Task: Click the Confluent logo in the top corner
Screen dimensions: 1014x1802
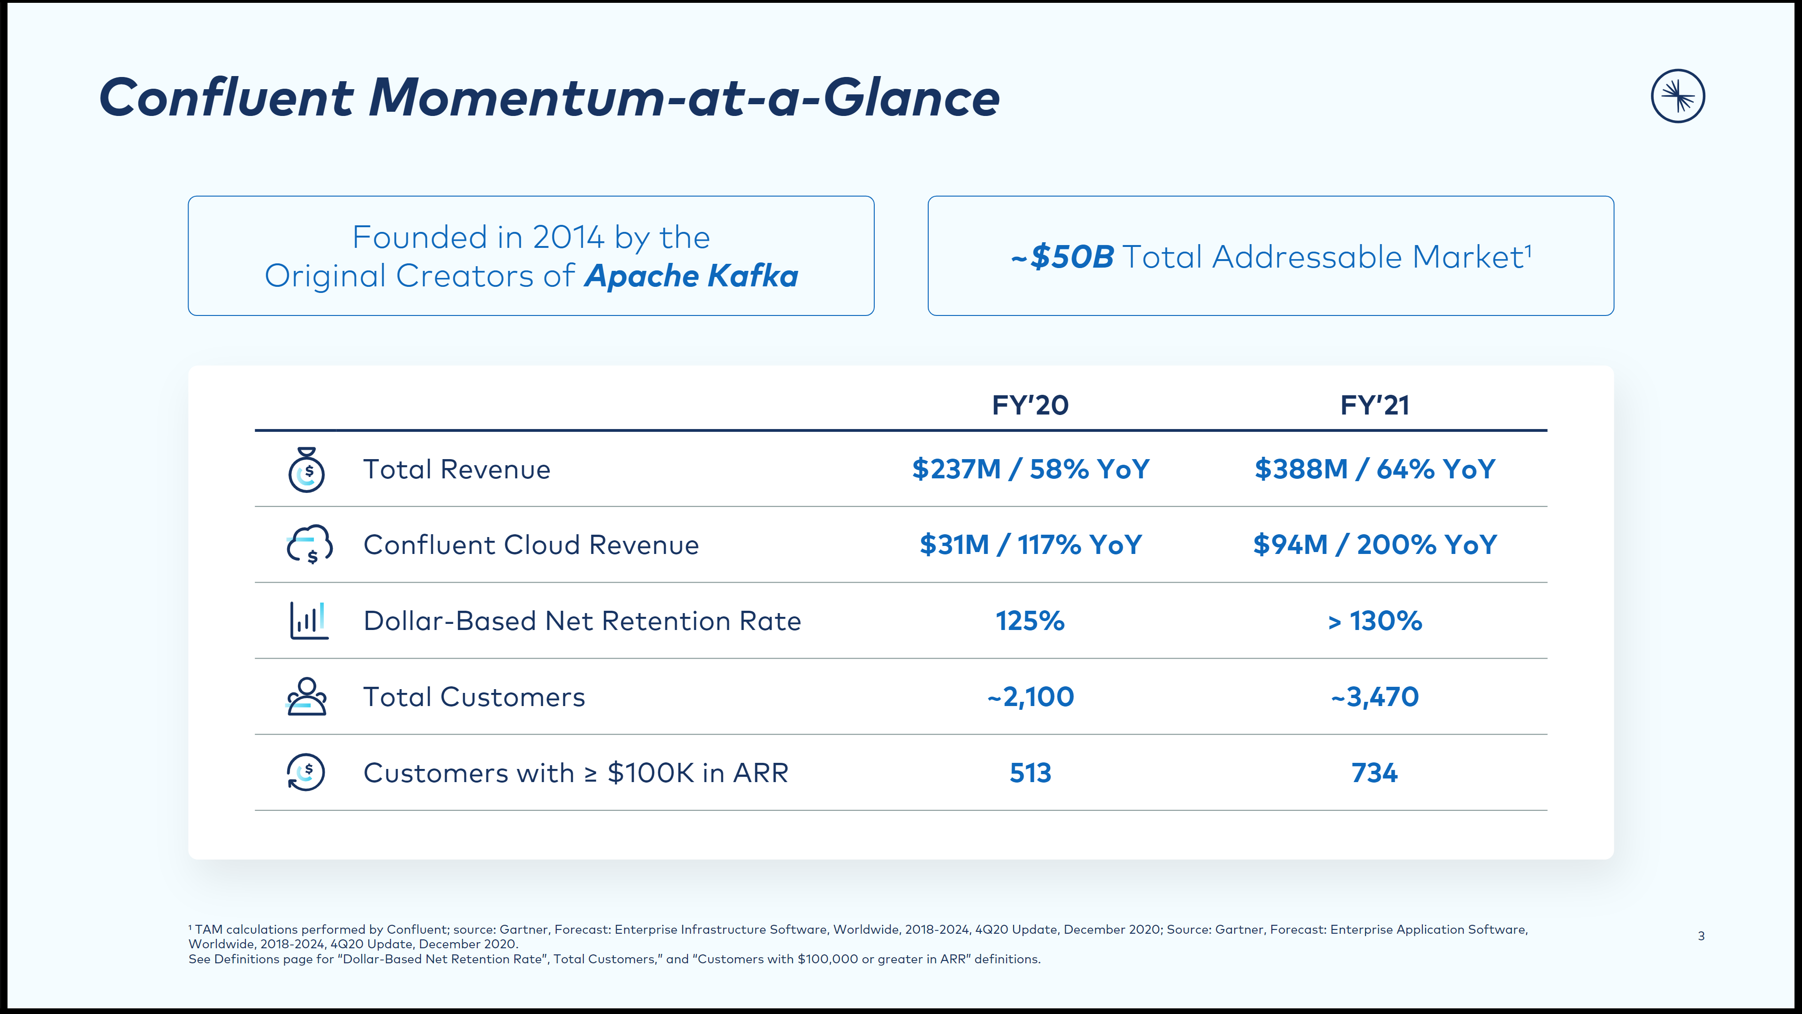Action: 1678,96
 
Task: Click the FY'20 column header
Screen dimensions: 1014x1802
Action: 1030,405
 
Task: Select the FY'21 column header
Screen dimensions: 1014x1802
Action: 1374,405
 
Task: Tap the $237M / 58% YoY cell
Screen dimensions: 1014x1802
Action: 1030,469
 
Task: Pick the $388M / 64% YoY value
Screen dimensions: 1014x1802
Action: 1374,469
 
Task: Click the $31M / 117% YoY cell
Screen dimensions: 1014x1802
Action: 1030,545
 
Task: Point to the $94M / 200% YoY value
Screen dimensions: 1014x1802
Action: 1374,545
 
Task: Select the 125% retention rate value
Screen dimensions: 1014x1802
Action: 1030,621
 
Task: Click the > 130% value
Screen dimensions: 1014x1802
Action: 1374,621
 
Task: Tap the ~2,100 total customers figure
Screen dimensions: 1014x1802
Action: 1030,697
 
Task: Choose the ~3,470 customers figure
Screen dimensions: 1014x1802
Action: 1374,697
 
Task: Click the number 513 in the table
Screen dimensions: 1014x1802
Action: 1030,773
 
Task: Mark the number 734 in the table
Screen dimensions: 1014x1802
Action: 1374,773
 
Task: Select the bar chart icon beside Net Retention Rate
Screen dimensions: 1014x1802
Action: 308,620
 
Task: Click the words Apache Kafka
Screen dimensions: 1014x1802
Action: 691,276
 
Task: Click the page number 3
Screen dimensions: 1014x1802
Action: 1701,936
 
